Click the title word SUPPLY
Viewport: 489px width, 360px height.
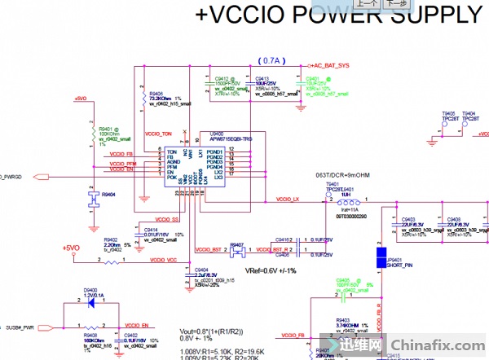click(433, 16)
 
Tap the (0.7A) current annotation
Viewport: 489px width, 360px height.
click(269, 62)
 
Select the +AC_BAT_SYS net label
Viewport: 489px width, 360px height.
click(330, 64)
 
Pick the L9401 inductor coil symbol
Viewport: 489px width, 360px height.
click(348, 200)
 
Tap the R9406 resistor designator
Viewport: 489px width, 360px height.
click(157, 94)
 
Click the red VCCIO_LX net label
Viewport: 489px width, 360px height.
click(289, 200)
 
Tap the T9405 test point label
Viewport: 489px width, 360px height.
click(448, 114)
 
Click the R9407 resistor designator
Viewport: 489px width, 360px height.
click(237, 243)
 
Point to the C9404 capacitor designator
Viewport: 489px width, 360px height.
click(201, 269)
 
